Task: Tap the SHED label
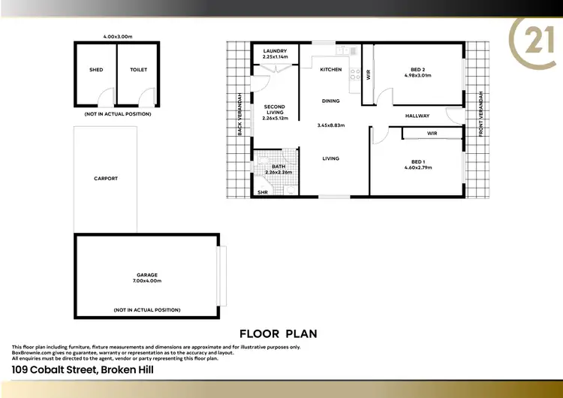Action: click(x=96, y=70)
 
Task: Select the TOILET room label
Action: click(x=138, y=70)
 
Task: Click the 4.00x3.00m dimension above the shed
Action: click(x=117, y=35)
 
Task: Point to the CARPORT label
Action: click(x=106, y=179)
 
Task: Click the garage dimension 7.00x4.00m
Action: click(x=147, y=281)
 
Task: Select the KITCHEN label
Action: click(x=331, y=70)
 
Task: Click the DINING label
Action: click(x=330, y=101)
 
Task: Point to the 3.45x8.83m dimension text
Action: click(x=330, y=125)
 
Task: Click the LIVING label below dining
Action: click(x=331, y=158)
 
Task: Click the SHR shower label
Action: click(x=263, y=193)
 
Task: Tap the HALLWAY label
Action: click(x=417, y=116)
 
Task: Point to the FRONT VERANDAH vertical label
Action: click(x=480, y=116)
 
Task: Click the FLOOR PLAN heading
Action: click(x=278, y=333)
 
